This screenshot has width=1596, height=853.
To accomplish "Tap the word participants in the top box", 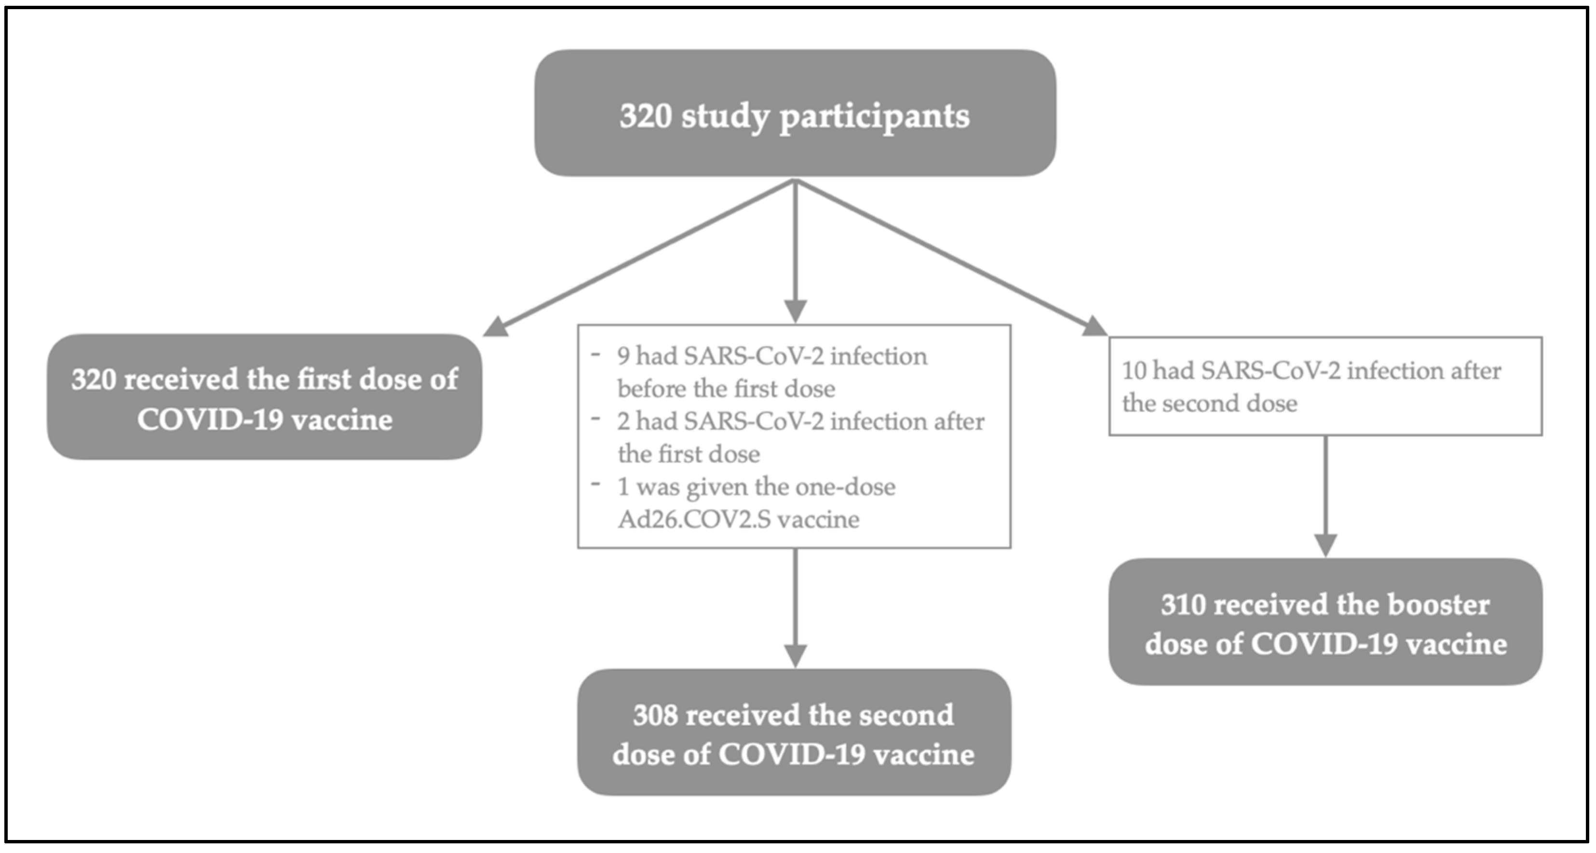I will pos(874,117).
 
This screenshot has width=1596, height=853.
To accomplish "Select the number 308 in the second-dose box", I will pos(655,716).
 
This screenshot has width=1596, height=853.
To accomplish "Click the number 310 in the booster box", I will pos(1183,605).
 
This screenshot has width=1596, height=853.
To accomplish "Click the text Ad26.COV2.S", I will pos(694,519).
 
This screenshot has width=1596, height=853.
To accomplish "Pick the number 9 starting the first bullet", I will pos(623,356).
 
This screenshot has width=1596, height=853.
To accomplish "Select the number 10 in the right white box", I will pos(1135,370).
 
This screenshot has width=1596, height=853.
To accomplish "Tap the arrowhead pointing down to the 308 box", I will pos(795,655).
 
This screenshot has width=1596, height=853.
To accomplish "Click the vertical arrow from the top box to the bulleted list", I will pos(795,248).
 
